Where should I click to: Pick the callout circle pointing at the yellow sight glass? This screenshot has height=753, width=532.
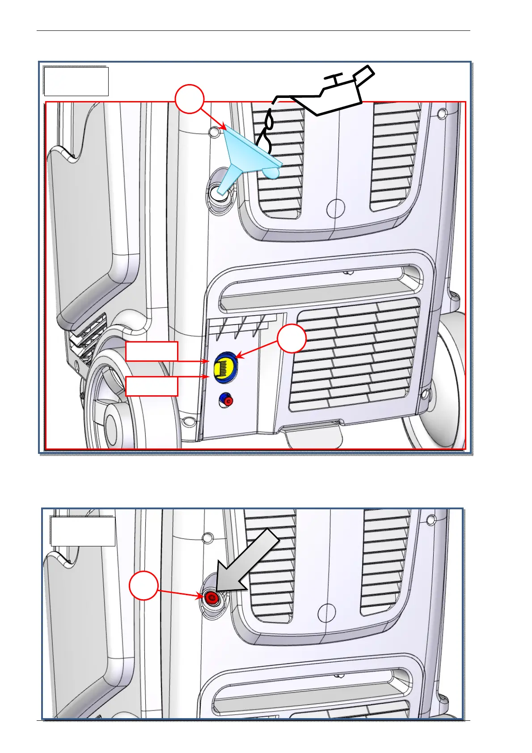pyautogui.click(x=292, y=338)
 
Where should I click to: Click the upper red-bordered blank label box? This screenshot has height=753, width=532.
pyautogui.click(x=152, y=351)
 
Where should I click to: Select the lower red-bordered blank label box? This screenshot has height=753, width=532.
pyautogui.click(x=152, y=386)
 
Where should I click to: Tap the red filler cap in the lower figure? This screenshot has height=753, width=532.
pyautogui.click(x=211, y=598)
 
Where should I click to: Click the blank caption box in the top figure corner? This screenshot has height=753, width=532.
pyautogui.click(x=76, y=81)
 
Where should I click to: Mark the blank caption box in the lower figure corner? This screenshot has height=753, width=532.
pyautogui.click(x=83, y=531)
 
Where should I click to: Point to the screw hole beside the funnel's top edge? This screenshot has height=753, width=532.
pyautogui.click(x=215, y=131)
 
